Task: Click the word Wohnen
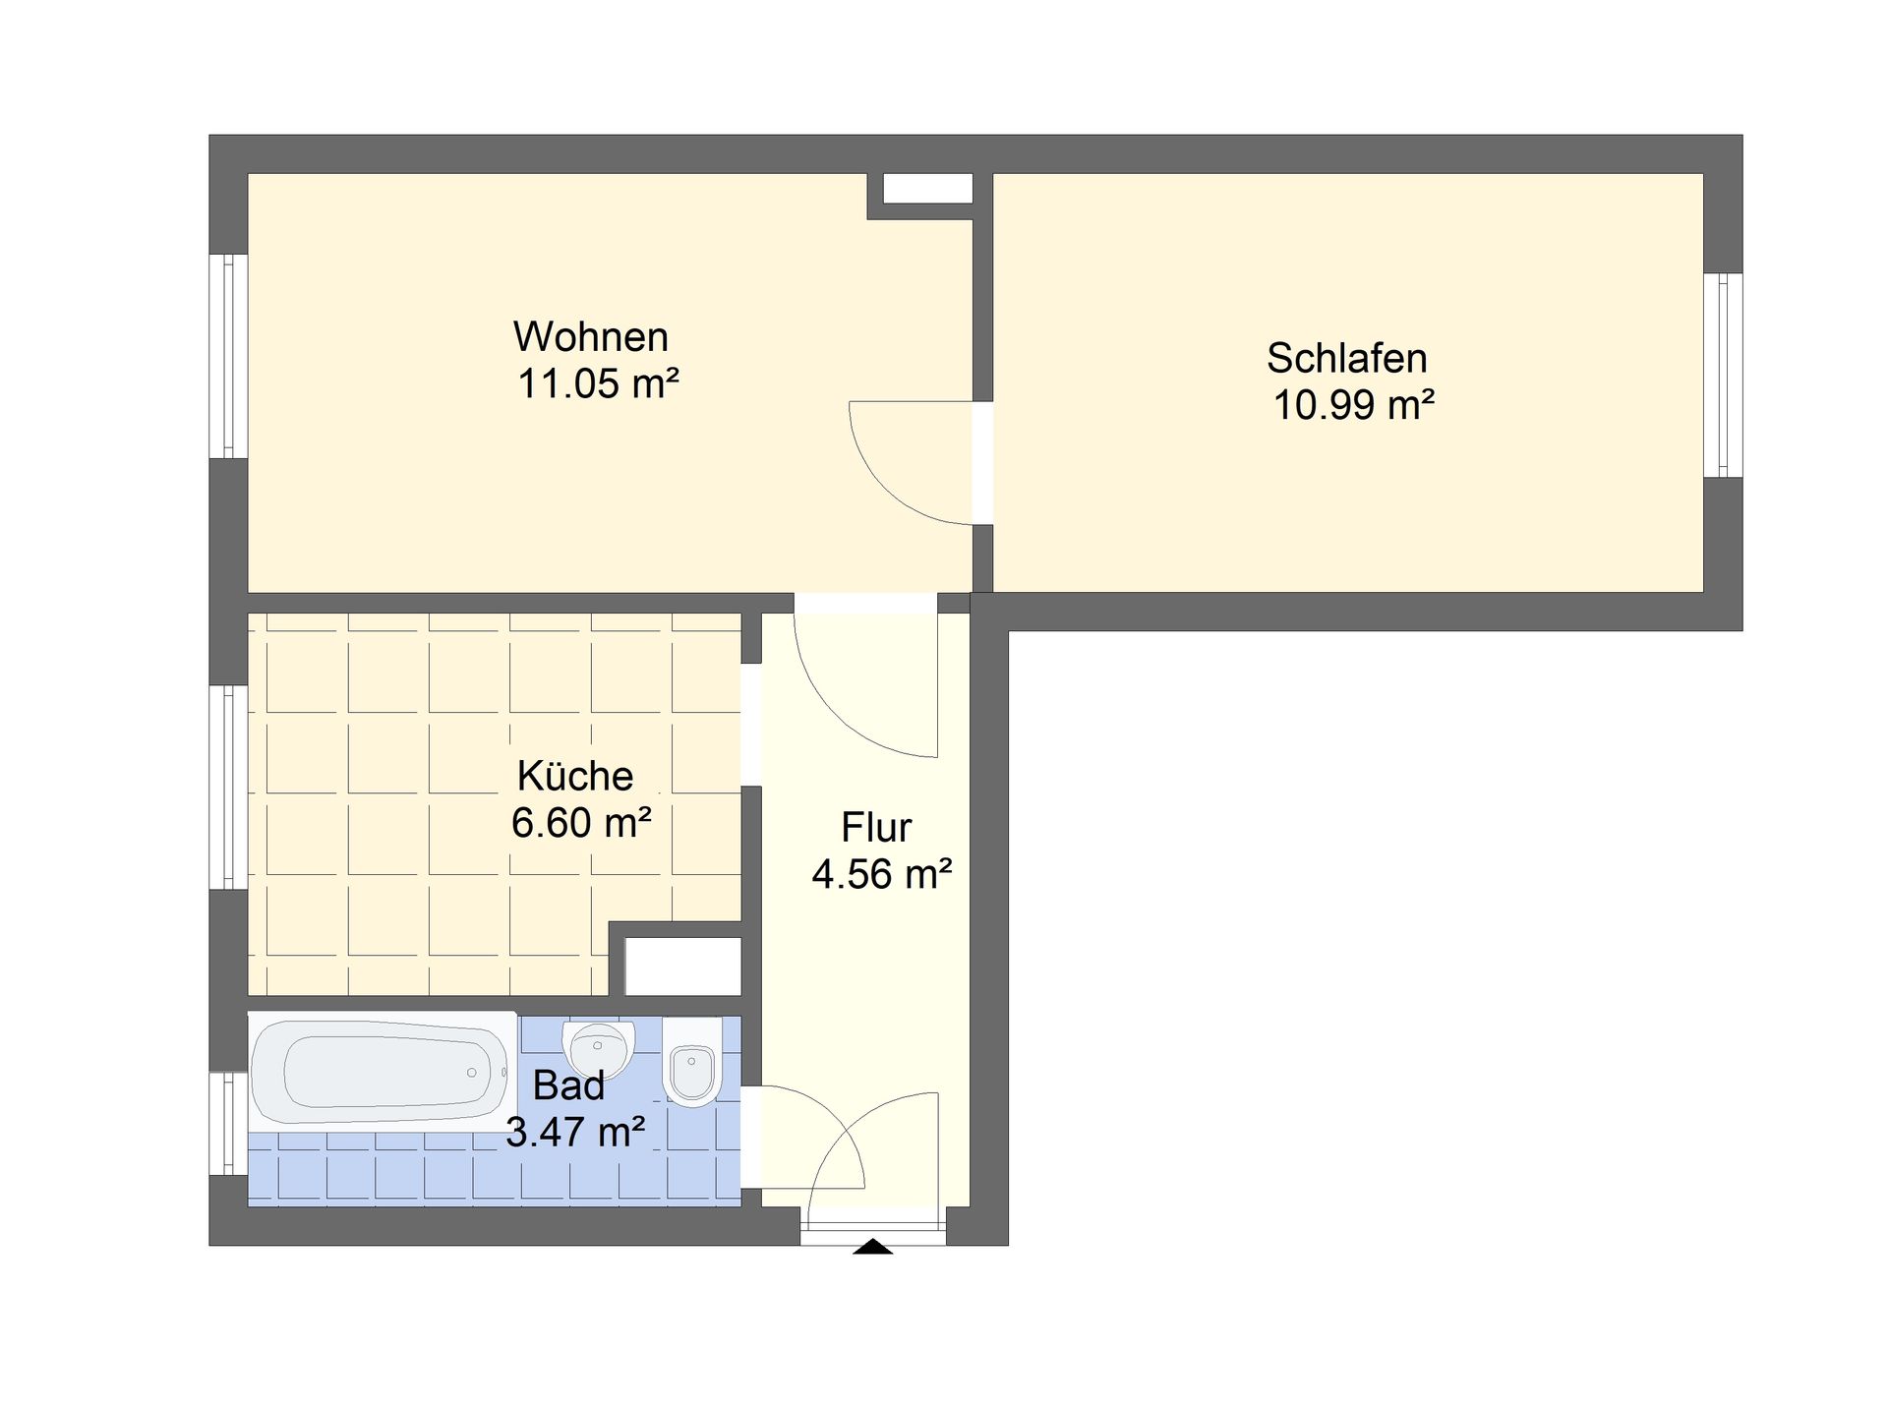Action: click(591, 337)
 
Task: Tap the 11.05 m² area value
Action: click(599, 383)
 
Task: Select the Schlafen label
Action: click(1346, 359)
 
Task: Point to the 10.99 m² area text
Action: click(1354, 405)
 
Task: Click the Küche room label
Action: click(575, 776)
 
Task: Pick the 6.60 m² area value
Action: click(581, 823)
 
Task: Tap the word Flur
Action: click(876, 828)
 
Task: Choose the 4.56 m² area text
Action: click(882, 874)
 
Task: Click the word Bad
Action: click(568, 1086)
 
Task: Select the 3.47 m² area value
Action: click(575, 1133)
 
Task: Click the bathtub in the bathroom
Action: click(382, 1070)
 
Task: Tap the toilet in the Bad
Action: click(692, 1062)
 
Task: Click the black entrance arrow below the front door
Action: click(872, 1247)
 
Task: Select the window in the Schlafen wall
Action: click(1723, 375)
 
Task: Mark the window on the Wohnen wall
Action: click(228, 356)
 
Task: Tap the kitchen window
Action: click(228, 788)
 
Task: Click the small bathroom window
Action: click(228, 1123)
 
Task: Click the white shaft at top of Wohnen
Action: click(927, 189)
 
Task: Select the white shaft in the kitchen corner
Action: click(683, 967)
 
